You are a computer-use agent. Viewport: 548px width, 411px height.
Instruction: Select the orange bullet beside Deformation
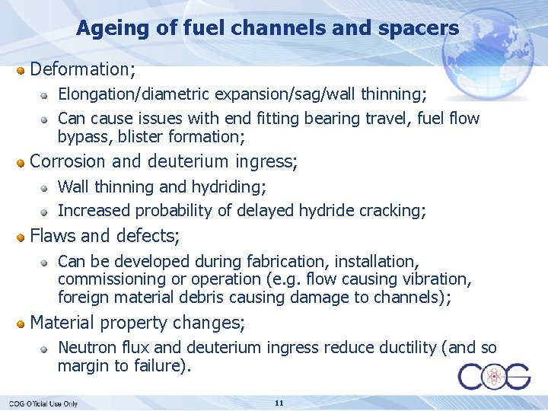tap(21, 70)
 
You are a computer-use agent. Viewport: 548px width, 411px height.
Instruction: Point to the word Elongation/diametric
tap(135, 94)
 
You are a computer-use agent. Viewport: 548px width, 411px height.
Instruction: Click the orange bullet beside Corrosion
tap(21, 162)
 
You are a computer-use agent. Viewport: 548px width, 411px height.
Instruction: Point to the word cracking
tap(393, 210)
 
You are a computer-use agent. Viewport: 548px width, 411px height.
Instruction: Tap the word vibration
tap(436, 279)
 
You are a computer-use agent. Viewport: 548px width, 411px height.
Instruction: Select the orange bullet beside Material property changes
tap(21, 323)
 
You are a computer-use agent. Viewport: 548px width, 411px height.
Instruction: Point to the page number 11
tap(279, 403)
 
